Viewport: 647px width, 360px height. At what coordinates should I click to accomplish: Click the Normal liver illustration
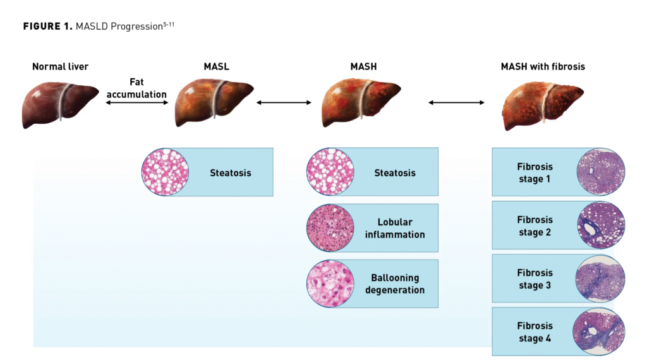(x=60, y=104)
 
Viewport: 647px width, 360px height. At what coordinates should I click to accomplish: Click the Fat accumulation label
(x=136, y=88)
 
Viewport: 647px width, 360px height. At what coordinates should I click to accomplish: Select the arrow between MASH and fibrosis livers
(x=456, y=102)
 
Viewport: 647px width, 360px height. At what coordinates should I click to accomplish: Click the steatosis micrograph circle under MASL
(x=165, y=172)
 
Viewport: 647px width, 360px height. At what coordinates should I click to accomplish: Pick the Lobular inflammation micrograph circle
(x=330, y=228)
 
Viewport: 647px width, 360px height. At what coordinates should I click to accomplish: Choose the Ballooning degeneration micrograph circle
(x=330, y=284)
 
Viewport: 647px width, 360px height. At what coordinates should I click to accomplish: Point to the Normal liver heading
(x=61, y=66)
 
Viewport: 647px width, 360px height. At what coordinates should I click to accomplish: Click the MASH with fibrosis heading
(x=542, y=66)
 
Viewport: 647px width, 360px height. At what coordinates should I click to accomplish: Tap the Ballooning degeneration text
(x=395, y=284)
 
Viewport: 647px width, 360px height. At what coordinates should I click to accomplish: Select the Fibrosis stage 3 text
(x=535, y=279)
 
